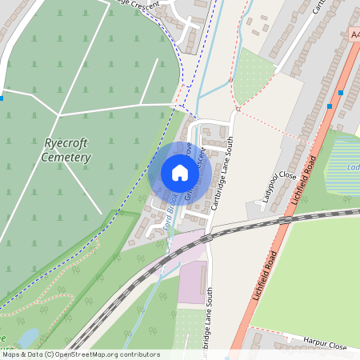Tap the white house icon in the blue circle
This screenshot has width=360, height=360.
(x=180, y=173)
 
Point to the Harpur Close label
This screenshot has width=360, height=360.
(x=325, y=344)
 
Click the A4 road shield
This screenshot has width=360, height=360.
(x=354, y=35)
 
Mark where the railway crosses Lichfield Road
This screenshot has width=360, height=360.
(x=284, y=219)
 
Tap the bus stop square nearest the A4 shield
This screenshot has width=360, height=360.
(x=342, y=93)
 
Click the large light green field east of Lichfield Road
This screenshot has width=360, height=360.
(x=320, y=272)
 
